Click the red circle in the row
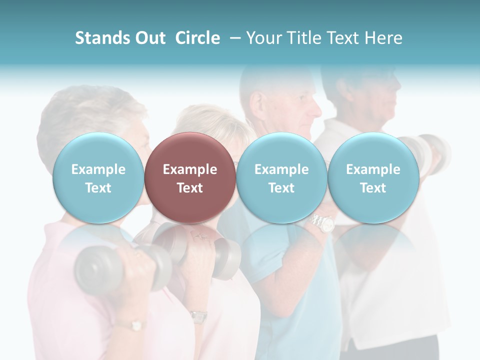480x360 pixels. tap(190, 178)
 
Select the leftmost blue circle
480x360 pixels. tap(98, 178)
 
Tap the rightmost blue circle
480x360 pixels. tap(373, 178)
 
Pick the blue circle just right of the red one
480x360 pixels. tap(281, 178)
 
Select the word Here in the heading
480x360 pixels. tap(385, 38)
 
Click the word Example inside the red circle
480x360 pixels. tap(190, 169)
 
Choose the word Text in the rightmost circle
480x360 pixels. tap(373, 188)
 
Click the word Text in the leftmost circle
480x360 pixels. tap(98, 188)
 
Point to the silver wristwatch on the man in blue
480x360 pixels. tap(323, 222)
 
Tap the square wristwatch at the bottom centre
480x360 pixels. tap(199, 316)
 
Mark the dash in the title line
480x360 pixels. tap(233, 38)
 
